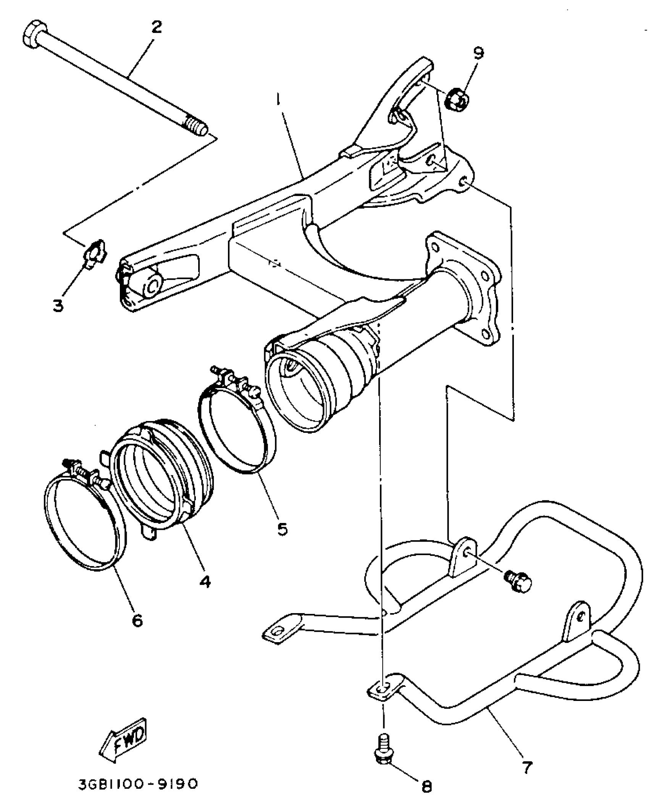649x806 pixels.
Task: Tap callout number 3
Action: tap(58, 306)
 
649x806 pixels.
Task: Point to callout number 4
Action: tap(205, 582)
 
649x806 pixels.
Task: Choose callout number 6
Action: tap(137, 620)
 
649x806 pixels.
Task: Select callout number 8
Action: tap(427, 783)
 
